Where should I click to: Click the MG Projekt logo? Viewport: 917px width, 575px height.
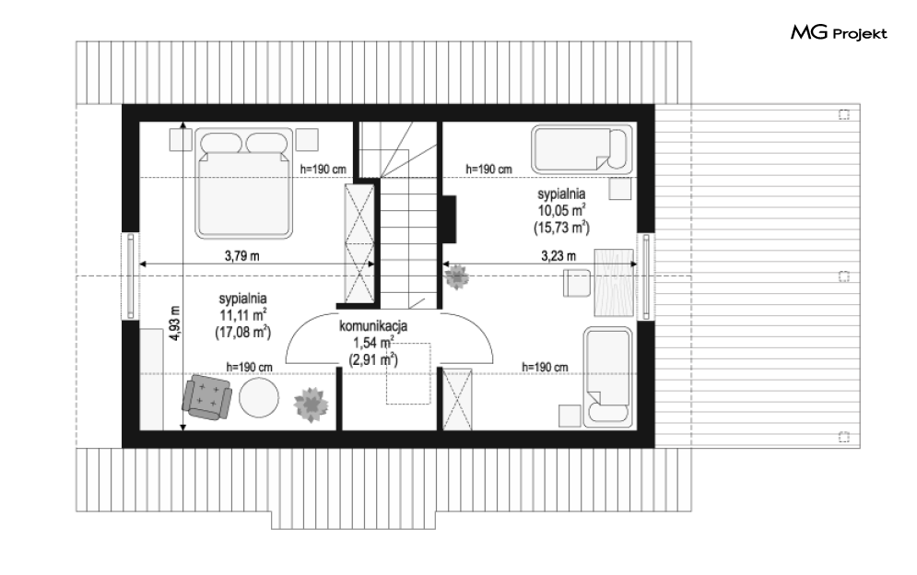pos(839,33)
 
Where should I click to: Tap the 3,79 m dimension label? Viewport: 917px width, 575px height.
pos(242,255)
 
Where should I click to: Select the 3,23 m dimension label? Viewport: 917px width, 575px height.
pos(558,255)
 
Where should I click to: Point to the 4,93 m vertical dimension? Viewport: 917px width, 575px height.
pos(175,323)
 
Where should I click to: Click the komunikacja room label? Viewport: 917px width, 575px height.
pos(373,326)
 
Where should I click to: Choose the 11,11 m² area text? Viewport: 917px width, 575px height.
pos(243,315)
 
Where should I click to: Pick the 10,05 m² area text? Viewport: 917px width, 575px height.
pos(562,210)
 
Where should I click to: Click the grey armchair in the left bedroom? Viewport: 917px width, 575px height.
pos(207,397)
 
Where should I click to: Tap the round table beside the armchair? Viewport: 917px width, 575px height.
pos(260,398)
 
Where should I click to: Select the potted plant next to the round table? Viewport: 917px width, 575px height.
pos(311,404)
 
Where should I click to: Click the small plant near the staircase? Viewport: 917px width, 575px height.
pos(456,276)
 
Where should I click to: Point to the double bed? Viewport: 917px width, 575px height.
pos(244,183)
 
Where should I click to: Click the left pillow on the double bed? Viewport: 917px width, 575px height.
pos(221,143)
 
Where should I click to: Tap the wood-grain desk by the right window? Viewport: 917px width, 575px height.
pos(614,282)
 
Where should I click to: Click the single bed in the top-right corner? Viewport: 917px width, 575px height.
pos(582,148)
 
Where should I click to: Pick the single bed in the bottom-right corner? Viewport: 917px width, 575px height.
pos(608,376)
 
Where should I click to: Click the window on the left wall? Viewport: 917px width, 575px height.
pos(131,276)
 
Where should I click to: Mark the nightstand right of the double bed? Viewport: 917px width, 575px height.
pos(307,140)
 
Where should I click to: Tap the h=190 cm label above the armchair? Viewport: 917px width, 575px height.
pos(250,368)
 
